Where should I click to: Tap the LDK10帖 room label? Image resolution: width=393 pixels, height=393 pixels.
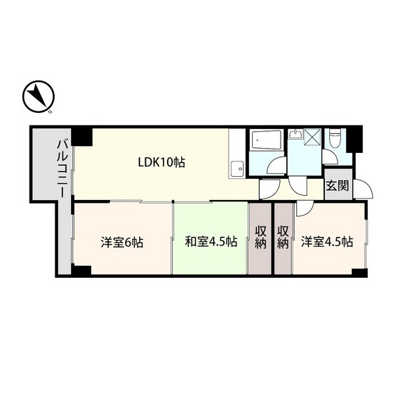(x=161, y=162)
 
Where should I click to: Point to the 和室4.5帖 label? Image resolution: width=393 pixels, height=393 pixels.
(x=211, y=243)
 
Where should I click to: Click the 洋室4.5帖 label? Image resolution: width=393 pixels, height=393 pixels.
(x=326, y=243)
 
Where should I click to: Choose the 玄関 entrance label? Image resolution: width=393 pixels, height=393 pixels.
(x=337, y=186)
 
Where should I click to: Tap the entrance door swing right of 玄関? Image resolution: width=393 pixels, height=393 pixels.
(x=363, y=189)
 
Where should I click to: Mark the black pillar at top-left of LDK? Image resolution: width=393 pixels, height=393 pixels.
(x=84, y=135)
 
